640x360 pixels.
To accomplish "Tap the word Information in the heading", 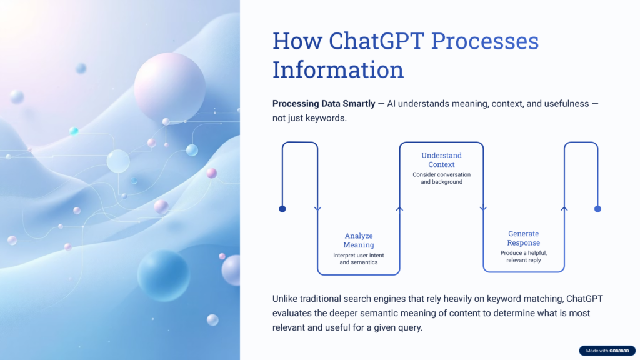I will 337,69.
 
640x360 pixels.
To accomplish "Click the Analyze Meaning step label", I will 358,241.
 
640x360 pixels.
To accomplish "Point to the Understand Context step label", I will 441,159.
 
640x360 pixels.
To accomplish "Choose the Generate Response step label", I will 523,238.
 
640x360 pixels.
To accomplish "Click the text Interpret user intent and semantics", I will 358,259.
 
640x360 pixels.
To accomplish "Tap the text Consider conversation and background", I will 441,178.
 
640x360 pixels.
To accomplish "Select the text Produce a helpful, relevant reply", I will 523,256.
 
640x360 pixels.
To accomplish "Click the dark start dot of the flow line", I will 282,209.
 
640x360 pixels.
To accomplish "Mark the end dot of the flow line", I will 597,209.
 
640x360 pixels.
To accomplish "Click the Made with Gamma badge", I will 606,351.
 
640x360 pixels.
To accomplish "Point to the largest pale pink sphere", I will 169,87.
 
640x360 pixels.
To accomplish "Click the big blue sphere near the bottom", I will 163,275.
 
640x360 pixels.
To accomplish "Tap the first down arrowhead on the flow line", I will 317,209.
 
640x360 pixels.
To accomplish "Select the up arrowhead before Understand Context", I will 400,209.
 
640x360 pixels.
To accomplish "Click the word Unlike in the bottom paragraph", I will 286,299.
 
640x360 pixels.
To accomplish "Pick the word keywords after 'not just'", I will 325,117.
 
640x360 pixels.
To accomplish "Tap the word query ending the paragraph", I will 409,327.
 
